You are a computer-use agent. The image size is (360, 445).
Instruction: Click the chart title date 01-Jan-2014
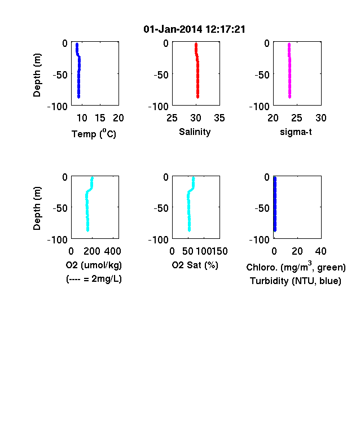[173, 29]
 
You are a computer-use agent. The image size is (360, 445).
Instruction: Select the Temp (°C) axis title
[94, 133]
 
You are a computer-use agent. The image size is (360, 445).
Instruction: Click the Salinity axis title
[195, 132]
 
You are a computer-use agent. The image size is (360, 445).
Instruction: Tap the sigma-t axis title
[296, 132]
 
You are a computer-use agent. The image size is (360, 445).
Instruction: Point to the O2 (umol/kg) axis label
[94, 265]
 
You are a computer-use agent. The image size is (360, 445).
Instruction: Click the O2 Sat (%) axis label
[195, 265]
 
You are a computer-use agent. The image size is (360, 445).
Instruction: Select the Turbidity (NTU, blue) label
[296, 281]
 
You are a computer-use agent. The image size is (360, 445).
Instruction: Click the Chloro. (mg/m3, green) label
[296, 267]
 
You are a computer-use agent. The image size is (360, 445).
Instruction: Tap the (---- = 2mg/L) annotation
[94, 280]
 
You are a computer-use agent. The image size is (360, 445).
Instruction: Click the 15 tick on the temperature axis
[100, 118]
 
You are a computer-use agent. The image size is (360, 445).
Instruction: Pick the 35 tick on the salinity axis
[219, 118]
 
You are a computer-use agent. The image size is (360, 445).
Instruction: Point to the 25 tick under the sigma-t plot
[297, 118]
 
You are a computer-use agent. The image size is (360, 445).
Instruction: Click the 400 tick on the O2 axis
[112, 251]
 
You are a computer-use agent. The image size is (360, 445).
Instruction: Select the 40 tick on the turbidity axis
[321, 251]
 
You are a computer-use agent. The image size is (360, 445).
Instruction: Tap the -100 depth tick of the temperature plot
[58, 107]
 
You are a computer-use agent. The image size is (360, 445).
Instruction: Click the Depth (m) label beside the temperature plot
[37, 75]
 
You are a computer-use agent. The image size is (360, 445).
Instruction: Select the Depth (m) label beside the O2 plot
[37, 208]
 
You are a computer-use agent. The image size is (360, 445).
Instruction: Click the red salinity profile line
[197, 71]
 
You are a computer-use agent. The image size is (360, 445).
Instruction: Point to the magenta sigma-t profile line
[289, 71]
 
